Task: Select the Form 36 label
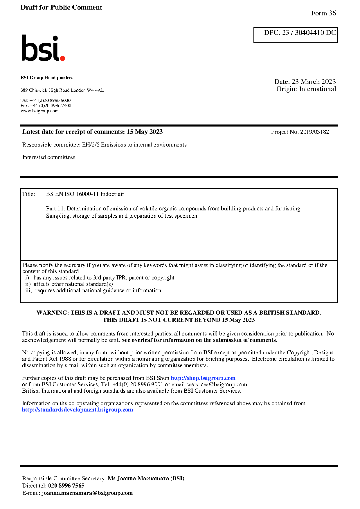tap(323, 13)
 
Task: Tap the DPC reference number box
tap(296, 35)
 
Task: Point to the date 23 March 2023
tap(314, 82)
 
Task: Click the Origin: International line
tap(306, 89)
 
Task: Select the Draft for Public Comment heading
tap(61, 7)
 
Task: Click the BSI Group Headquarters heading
tap(47, 78)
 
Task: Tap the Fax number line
tap(46, 106)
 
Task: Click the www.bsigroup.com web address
tap(39, 111)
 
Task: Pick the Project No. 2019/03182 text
tap(300, 132)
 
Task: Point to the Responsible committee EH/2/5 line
tap(104, 145)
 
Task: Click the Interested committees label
tap(49, 157)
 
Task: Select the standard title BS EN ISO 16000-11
tap(85, 194)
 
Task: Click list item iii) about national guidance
tap(93, 290)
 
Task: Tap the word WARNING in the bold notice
tap(53, 313)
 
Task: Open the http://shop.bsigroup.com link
tap(203, 378)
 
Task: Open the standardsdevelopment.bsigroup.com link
tap(78, 410)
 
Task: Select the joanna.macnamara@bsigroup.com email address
tap(87, 493)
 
